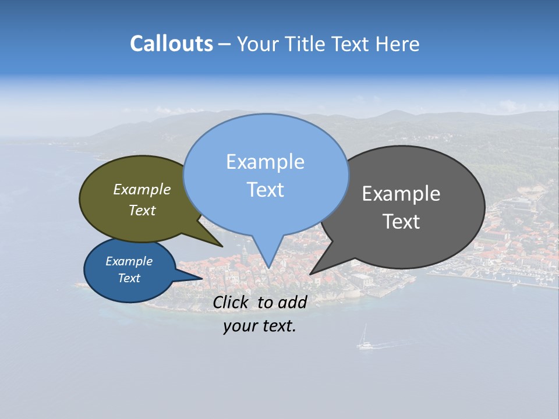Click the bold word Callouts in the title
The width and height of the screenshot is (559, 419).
[172, 44]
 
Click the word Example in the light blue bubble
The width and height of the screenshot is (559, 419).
[265, 162]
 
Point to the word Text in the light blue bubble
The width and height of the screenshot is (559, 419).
[266, 190]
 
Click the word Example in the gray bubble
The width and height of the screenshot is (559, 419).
[401, 194]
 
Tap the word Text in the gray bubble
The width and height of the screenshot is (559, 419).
[401, 222]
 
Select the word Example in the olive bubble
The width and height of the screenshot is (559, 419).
[142, 189]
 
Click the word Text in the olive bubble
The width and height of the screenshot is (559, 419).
[142, 211]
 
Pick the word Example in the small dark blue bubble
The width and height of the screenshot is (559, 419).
[129, 261]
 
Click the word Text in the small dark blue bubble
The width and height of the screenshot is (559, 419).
[129, 278]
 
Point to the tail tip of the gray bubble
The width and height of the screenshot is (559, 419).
[311, 274]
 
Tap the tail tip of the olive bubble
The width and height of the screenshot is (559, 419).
[222, 246]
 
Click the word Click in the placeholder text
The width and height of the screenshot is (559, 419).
[231, 302]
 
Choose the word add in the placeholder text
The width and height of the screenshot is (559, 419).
[292, 302]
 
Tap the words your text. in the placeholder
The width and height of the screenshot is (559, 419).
[260, 326]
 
